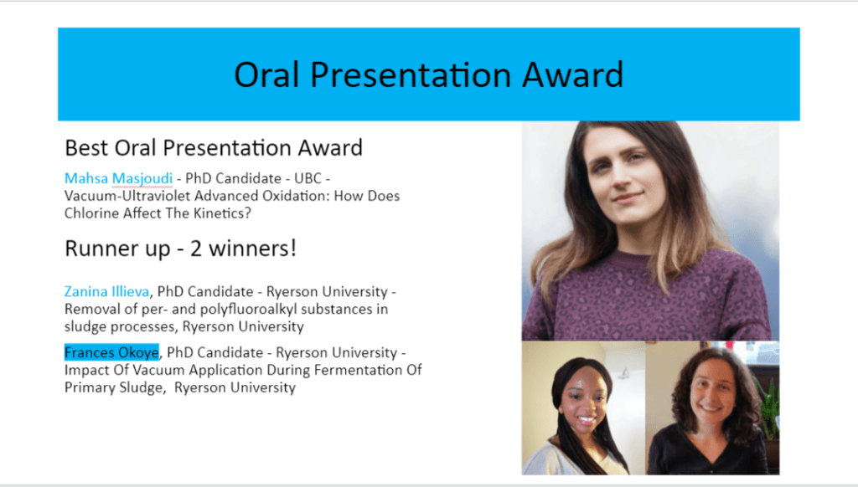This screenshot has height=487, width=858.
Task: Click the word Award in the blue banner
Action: (x=572, y=74)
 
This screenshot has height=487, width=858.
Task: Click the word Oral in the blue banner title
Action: (x=267, y=74)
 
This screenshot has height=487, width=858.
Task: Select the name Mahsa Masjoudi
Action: (x=118, y=178)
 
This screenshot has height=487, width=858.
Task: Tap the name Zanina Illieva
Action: (x=106, y=291)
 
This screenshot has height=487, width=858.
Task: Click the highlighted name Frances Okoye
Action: (x=111, y=352)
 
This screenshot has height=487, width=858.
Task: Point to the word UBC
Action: (x=308, y=178)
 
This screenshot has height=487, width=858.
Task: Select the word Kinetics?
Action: (x=222, y=213)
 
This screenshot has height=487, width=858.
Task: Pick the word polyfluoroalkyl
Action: (x=248, y=310)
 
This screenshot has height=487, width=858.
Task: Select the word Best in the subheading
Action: (x=87, y=147)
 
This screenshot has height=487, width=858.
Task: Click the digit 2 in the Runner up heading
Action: (x=196, y=249)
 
